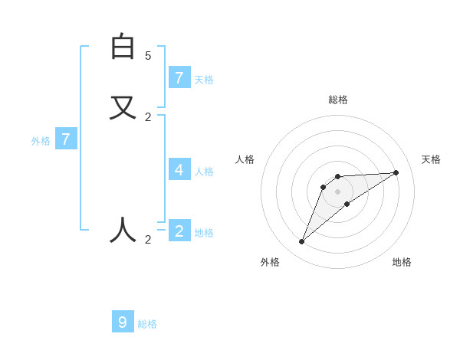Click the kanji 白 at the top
click(123, 47)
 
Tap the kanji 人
click(123, 230)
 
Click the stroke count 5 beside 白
click(148, 56)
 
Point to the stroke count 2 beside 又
click(148, 117)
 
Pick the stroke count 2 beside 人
click(148, 240)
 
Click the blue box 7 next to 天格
click(179, 77)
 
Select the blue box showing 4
click(179, 169)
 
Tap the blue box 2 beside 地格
click(179, 231)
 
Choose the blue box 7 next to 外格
click(66, 139)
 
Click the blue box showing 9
click(123, 322)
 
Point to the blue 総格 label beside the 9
click(147, 324)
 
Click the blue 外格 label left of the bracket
click(40, 141)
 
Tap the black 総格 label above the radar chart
click(338, 100)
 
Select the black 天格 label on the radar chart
click(431, 159)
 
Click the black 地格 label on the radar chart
click(402, 262)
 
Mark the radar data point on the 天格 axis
click(396, 172)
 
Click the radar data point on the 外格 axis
click(302, 242)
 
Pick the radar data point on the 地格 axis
click(347, 203)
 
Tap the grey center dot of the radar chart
click(338, 191)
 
